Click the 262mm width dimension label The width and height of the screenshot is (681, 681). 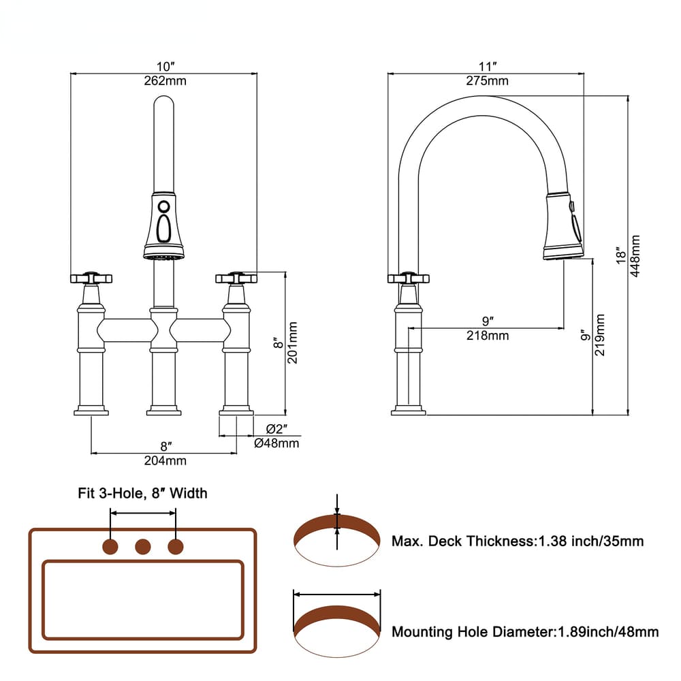tap(164, 81)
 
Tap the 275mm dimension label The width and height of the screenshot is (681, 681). tap(486, 81)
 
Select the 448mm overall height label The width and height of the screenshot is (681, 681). tap(635, 256)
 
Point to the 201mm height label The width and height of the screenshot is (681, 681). tap(294, 344)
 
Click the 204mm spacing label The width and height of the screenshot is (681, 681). tap(164, 460)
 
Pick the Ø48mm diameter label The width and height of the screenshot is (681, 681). tap(276, 443)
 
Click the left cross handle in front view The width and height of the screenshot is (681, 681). tap(91, 278)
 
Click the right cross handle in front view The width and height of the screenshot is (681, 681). tap(236, 278)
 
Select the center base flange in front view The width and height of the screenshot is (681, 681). tap(163, 411)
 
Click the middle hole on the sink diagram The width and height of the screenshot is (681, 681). tap(143, 546)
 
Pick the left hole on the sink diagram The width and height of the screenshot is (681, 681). tap(110, 546)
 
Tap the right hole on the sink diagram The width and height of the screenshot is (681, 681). tap(176, 546)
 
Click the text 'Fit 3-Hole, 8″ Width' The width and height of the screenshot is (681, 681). tap(142, 493)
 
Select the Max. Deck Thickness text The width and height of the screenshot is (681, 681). tap(517, 541)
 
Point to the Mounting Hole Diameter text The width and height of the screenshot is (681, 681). tap(524, 632)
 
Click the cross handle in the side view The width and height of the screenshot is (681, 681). tap(408, 278)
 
